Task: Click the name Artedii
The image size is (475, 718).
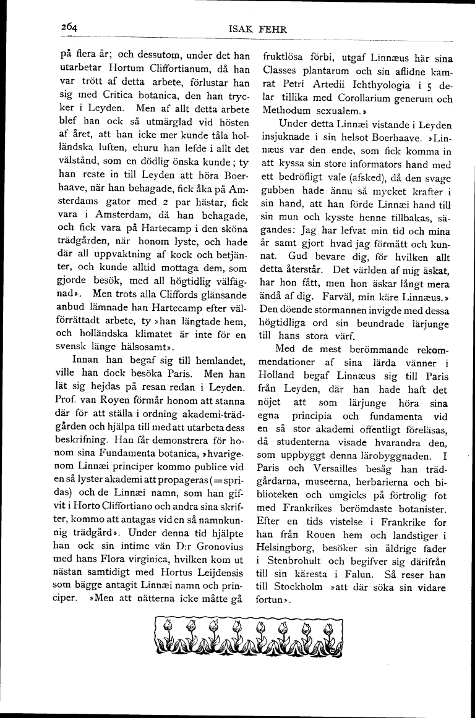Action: (x=330, y=83)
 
